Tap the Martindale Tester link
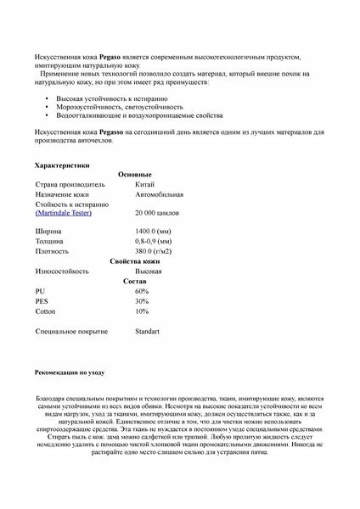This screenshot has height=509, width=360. point(64,213)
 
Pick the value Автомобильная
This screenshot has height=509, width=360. point(159,194)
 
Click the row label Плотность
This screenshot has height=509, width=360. point(52,251)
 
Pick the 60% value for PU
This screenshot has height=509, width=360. point(142,291)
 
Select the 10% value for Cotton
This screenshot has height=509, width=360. point(142,311)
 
